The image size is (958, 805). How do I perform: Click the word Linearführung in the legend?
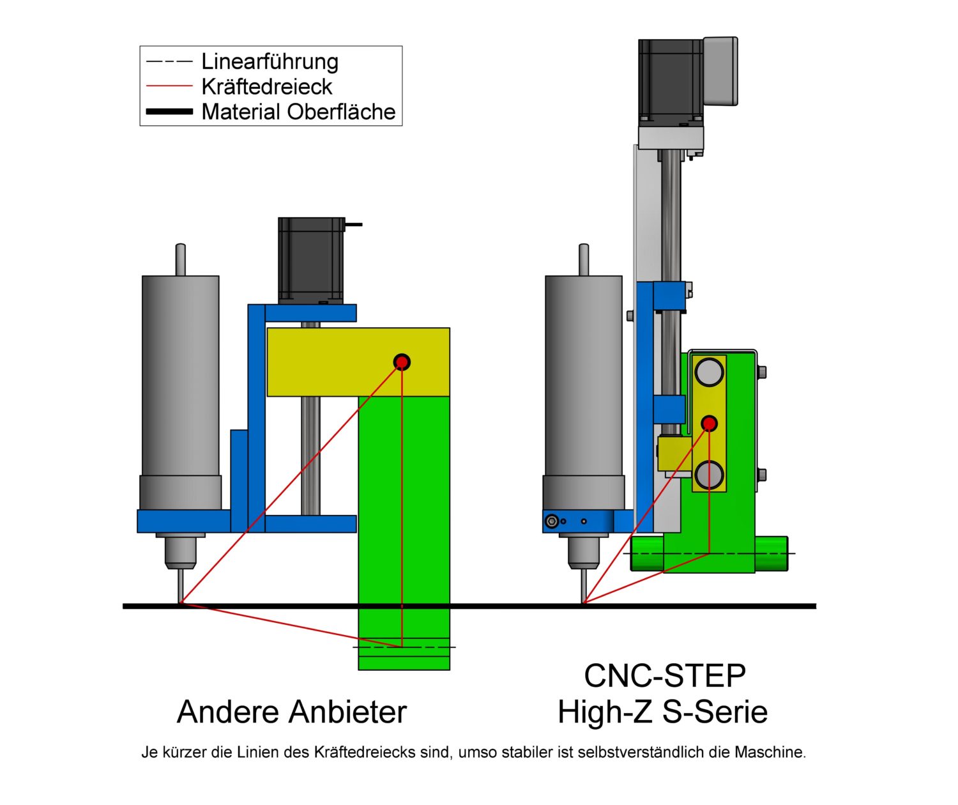coord(270,61)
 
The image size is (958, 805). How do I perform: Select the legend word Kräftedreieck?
coord(266,86)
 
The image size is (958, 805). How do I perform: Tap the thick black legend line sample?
coord(169,112)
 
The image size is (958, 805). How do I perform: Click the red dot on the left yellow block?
coord(402,362)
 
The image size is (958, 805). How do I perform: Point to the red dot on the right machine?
coord(709,423)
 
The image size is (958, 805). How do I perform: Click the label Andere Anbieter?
coord(291,712)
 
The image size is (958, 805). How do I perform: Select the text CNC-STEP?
coord(664,676)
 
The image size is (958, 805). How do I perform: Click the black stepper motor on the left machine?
coord(311,259)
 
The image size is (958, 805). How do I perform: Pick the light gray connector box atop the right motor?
coord(720,70)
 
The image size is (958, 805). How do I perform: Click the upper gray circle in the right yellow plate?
coord(709,372)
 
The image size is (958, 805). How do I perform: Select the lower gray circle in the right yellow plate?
coord(709,475)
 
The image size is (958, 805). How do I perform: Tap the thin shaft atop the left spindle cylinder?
coord(181,259)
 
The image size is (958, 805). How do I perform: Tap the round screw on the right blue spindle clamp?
coord(552,521)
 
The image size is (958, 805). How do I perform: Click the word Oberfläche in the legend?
coord(341,112)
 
